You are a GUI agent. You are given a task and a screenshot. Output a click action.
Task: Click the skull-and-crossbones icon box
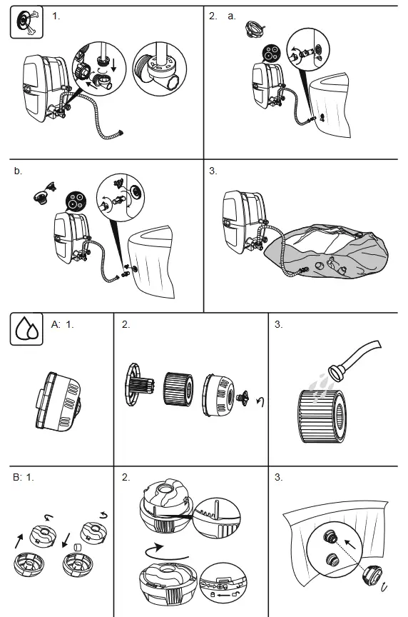[26, 22]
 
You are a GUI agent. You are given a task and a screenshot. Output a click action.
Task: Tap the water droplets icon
[26, 329]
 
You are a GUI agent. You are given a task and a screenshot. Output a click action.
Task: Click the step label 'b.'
[18, 171]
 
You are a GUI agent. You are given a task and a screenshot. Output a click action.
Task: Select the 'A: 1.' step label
[63, 325]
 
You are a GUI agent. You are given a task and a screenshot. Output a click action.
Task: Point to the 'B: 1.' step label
[24, 477]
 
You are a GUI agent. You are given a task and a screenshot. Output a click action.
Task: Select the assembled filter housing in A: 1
[58, 399]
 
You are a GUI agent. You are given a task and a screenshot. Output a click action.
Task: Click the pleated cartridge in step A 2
[178, 389]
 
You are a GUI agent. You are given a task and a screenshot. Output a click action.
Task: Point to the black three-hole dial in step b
[76, 201]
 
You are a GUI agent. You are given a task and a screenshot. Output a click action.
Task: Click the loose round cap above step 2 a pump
[253, 29]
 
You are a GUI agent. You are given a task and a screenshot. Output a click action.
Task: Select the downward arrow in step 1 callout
[114, 65]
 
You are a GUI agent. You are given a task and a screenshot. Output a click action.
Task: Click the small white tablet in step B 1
[78, 547]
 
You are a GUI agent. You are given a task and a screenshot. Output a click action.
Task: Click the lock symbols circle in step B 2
[223, 583]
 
